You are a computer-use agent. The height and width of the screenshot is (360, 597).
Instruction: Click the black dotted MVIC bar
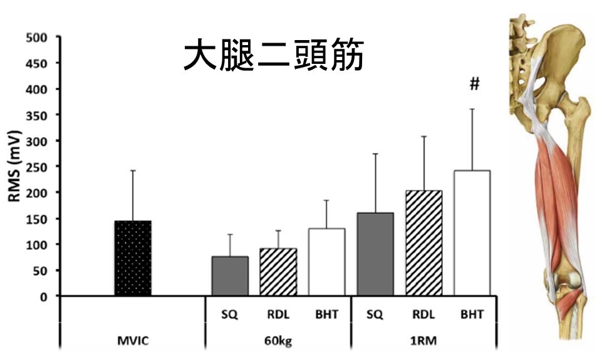point(133,258)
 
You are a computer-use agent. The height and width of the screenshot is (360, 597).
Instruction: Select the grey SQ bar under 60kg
point(230,275)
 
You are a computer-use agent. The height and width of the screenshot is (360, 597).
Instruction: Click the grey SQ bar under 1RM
point(375,254)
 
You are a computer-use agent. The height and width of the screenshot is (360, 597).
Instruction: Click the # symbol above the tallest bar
point(474,85)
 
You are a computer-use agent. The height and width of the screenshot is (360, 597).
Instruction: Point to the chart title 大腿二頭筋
point(273,57)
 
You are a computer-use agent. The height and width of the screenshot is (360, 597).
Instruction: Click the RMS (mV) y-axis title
point(14,165)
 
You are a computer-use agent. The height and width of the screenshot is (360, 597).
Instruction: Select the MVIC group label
point(133,342)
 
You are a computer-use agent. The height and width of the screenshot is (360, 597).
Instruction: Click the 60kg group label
point(278,342)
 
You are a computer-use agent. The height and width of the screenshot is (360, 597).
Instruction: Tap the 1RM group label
point(423,342)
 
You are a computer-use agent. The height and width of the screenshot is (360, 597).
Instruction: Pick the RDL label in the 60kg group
point(278,314)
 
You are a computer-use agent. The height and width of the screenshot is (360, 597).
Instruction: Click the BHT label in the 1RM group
point(472,314)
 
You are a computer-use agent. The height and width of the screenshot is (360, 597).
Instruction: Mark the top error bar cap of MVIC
point(133,170)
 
